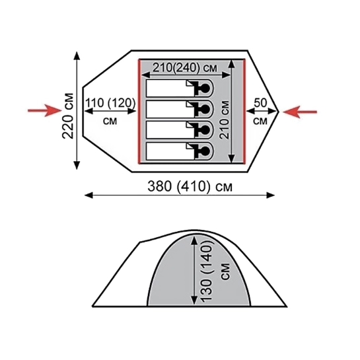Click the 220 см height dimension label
pyautogui.click(x=68, y=116)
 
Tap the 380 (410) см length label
pyautogui.click(x=190, y=186)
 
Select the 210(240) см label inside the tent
pyautogui.click(x=185, y=67)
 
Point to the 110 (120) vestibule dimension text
pyautogui.click(x=110, y=103)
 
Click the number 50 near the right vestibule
pyautogui.click(x=260, y=103)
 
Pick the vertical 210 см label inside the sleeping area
pyautogui.click(x=225, y=120)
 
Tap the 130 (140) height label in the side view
pyautogui.click(x=206, y=271)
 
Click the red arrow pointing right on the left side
pyautogui.click(x=45, y=110)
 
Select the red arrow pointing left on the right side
pyautogui.click(x=300, y=112)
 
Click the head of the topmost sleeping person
pyautogui.click(x=205, y=88)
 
